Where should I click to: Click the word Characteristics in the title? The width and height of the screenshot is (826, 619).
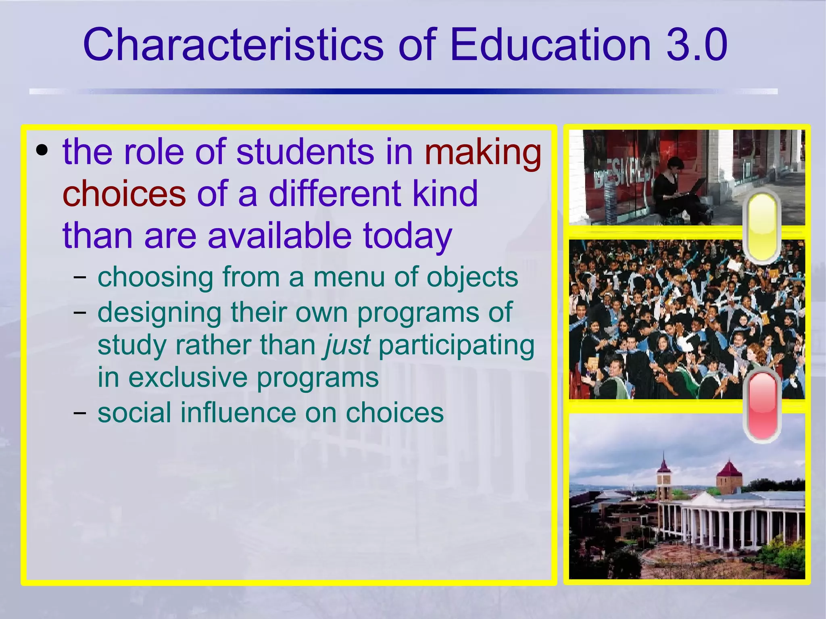(233, 44)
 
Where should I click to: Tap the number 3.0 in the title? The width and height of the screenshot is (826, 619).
(697, 44)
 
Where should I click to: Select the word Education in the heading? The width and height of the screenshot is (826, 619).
(550, 44)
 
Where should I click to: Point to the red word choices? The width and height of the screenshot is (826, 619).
(124, 194)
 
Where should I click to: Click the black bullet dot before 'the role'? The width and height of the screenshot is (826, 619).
(42, 151)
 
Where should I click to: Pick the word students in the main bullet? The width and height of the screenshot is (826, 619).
(305, 152)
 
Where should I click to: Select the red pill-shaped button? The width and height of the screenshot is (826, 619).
(762, 406)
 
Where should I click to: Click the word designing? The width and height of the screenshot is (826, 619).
(159, 313)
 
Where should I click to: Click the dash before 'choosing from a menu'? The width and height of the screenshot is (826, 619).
(80, 277)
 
